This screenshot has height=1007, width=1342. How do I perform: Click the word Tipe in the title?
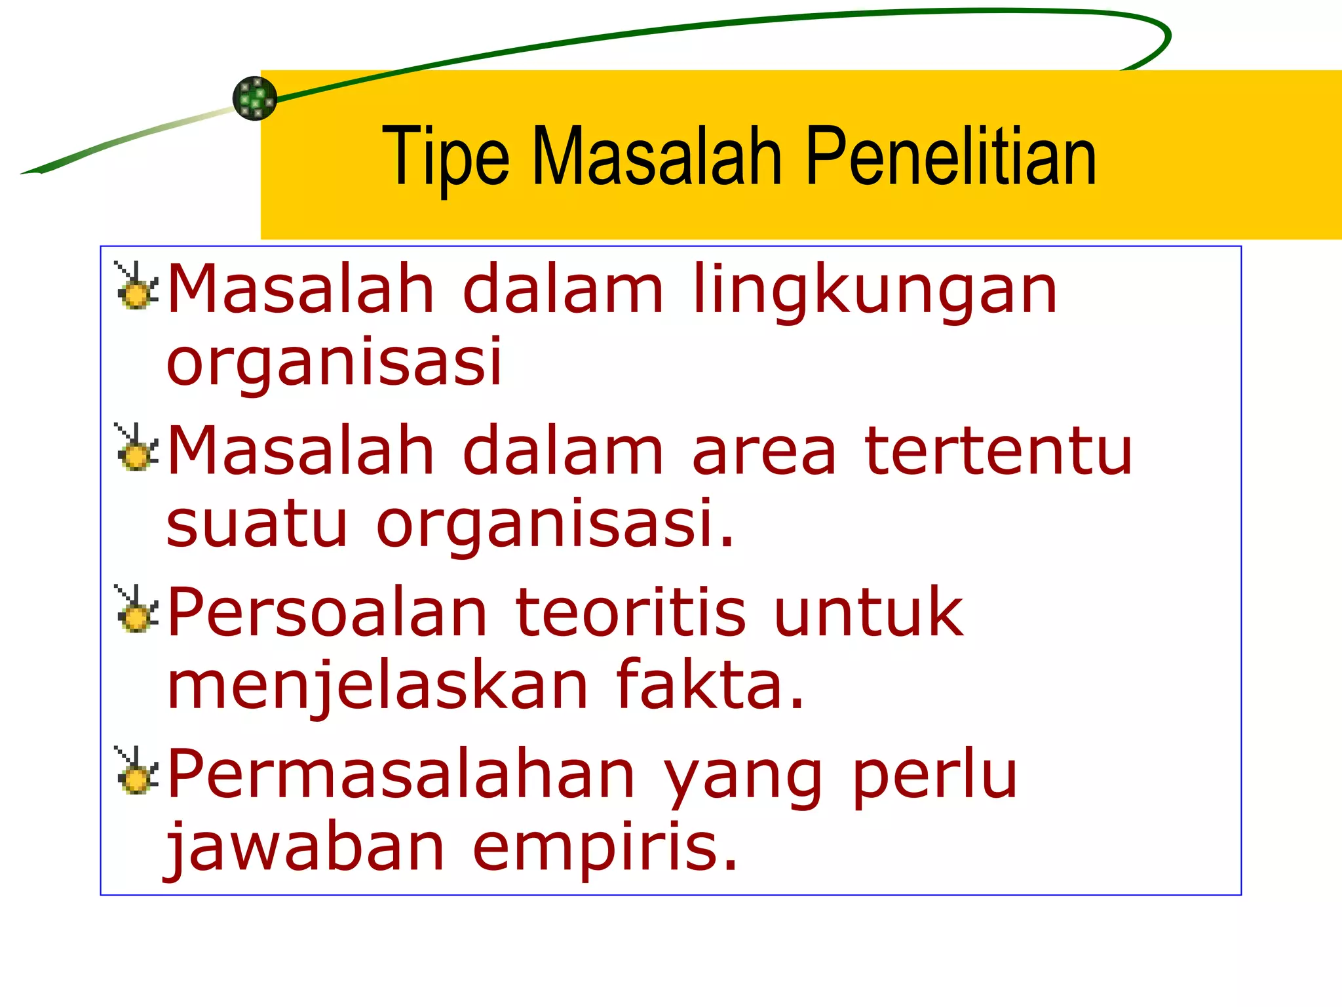coord(445,157)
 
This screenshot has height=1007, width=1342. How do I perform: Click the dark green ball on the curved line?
coord(255,98)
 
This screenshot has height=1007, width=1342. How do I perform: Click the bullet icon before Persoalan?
coord(137,610)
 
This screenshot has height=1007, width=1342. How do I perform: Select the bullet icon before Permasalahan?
coord(137,772)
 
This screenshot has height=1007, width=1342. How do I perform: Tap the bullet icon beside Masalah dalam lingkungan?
coord(137,286)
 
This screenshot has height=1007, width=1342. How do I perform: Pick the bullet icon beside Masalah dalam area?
coord(137,448)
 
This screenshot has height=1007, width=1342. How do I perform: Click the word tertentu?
coord(998,451)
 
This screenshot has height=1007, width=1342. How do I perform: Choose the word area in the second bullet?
coord(764,452)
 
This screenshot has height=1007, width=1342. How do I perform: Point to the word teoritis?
coord(630,612)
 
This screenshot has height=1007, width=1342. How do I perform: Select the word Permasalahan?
coord(401,774)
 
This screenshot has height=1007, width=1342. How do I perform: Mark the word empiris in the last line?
coord(604,848)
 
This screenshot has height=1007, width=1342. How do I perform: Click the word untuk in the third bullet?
coord(868,612)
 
